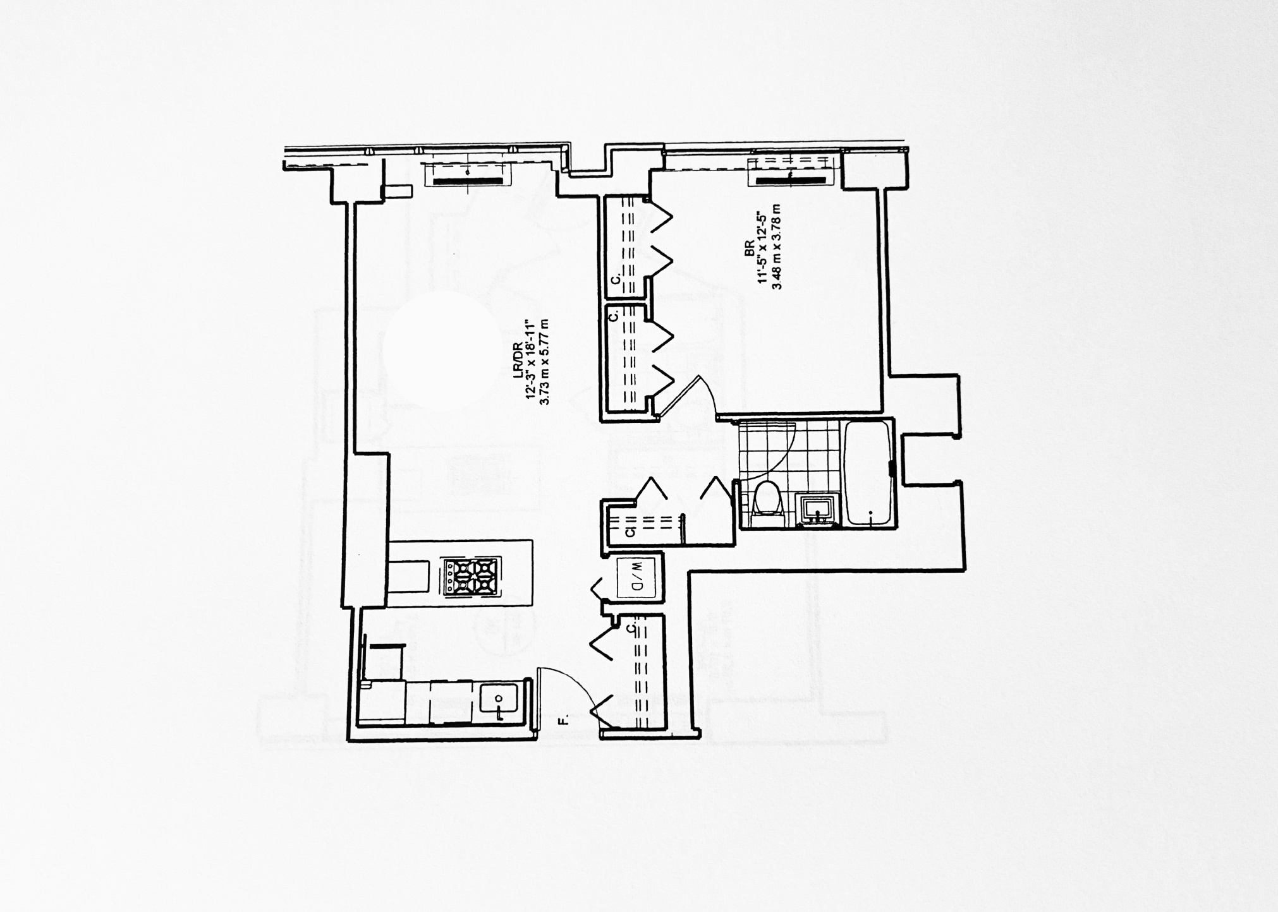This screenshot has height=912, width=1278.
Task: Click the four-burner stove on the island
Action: (x=470, y=576)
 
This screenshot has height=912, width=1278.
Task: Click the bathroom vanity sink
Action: (x=819, y=509)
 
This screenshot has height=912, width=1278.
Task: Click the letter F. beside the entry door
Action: (x=563, y=718)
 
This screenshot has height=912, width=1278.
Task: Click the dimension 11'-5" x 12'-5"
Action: (x=764, y=248)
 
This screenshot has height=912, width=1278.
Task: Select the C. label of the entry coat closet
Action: (x=631, y=628)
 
